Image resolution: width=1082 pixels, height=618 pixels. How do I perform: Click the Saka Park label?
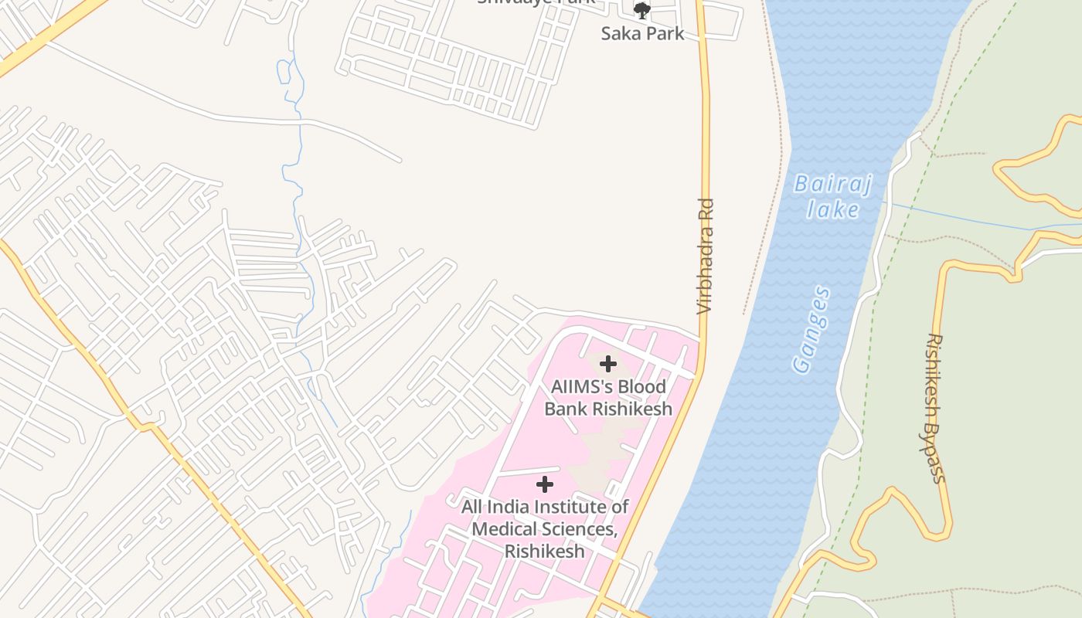coord(643,33)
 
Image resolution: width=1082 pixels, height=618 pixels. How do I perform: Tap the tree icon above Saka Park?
coord(642,11)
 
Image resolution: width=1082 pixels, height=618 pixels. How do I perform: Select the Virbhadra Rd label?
coord(705,256)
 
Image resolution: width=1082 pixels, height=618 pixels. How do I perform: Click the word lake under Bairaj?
coord(833,209)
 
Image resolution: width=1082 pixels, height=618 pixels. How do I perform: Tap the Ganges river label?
coord(811,331)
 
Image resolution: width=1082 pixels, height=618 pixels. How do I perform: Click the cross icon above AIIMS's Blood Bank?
coord(608,364)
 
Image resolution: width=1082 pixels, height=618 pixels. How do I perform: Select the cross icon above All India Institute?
coord(545,485)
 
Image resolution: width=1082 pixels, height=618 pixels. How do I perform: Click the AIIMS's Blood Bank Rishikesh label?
coord(608,397)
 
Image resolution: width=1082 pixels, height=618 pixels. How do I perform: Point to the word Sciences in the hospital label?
coord(583,529)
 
